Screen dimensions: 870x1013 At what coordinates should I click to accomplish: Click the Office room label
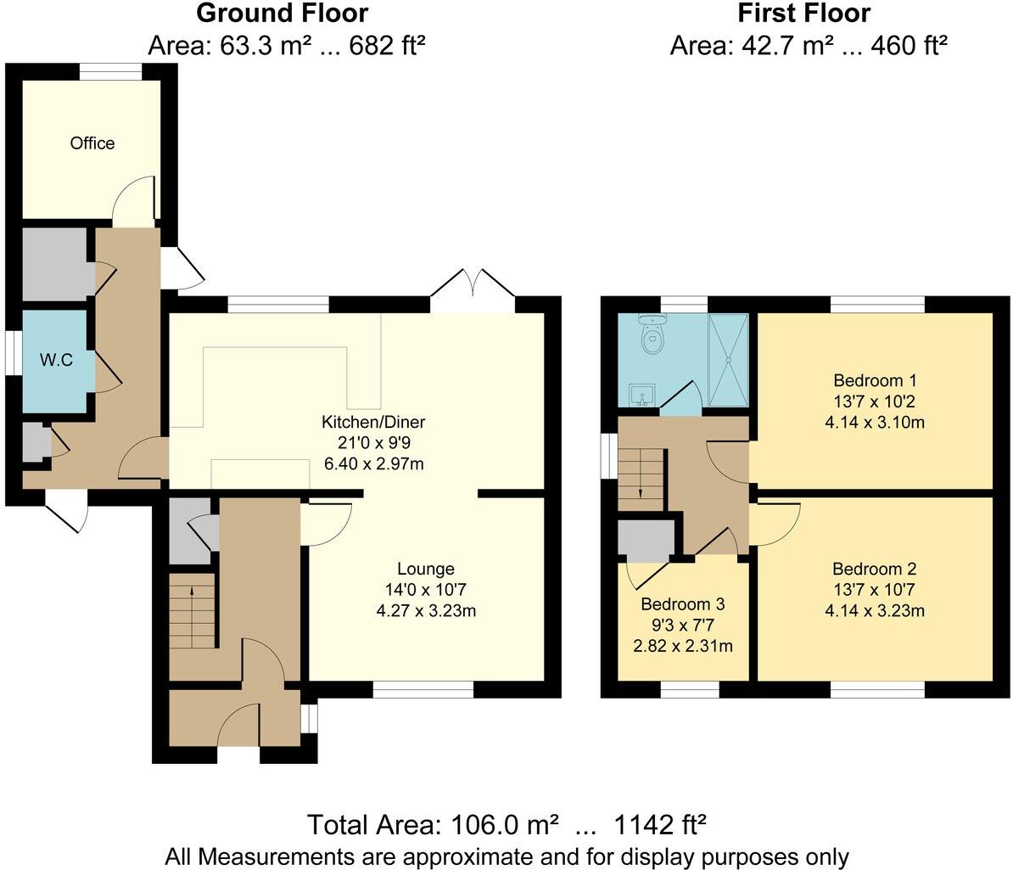[92, 143]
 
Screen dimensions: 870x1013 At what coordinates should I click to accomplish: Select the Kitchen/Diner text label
[372, 422]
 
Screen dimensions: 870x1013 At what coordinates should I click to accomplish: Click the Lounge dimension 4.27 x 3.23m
[426, 610]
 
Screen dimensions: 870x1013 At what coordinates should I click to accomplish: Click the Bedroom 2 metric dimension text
[874, 610]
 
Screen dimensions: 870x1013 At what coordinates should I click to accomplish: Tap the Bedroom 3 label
[682, 604]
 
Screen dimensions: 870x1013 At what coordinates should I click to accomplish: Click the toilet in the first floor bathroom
[652, 335]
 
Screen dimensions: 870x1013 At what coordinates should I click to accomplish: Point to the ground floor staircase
[193, 611]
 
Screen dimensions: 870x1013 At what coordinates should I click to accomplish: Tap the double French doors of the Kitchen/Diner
[473, 284]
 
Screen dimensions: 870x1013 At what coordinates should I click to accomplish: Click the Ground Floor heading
[283, 14]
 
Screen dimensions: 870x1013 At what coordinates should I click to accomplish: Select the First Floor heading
[803, 14]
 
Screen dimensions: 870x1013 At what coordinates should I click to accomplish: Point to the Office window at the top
[111, 73]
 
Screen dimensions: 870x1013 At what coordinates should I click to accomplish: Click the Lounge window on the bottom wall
[423, 690]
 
